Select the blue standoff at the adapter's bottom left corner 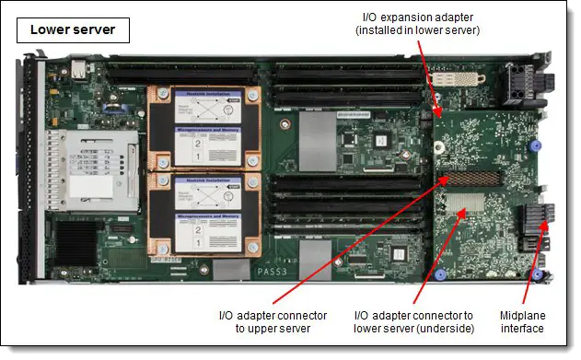[x=440, y=274]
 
